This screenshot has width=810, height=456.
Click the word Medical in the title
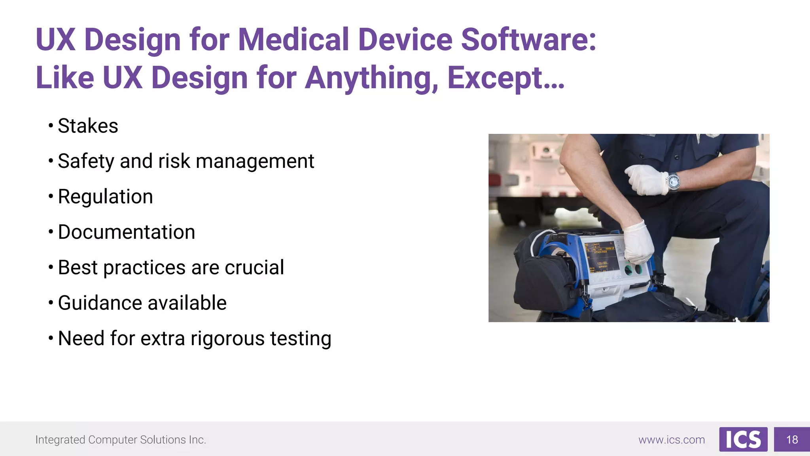(x=293, y=40)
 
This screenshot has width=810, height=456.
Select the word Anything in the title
(x=371, y=78)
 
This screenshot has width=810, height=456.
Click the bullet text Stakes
(x=88, y=126)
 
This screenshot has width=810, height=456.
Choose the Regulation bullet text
(x=105, y=197)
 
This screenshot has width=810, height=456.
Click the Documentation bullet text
(x=127, y=232)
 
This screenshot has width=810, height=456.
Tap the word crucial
(x=254, y=268)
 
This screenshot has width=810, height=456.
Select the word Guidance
(x=100, y=303)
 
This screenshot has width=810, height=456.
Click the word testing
(x=301, y=339)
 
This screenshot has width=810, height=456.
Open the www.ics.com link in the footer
(x=672, y=440)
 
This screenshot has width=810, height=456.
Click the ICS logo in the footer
(x=743, y=439)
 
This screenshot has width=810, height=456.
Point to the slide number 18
(x=792, y=440)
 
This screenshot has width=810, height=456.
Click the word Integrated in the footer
(x=60, y=440)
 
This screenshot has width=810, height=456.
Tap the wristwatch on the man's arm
(x=673, y=182)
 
